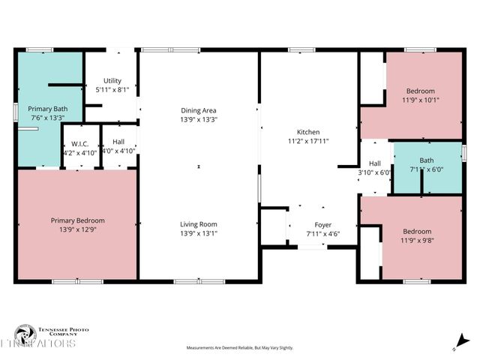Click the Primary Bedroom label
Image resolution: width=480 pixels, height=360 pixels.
click(77, 220)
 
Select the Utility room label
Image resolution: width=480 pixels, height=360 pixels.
click(112, 81)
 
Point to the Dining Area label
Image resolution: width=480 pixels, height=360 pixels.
click(199, 110)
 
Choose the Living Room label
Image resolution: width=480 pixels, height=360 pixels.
click(199, 224)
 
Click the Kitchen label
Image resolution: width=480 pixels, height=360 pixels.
click(308, 131)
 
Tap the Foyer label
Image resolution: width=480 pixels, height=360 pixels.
click(322, 224)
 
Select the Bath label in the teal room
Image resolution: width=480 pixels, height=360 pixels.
click(426, 160)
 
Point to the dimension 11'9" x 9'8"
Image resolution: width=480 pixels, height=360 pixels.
click(416, 240)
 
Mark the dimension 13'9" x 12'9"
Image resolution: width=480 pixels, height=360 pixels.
click(77, 229)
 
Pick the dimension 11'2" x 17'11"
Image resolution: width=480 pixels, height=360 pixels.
click(308, 140)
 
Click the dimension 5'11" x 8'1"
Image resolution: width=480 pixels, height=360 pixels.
click(112, 90)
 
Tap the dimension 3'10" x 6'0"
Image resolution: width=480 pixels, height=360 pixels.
click(375, 172)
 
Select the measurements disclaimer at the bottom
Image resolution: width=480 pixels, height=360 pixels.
click(240, 348)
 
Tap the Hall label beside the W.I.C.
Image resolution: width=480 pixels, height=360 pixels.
click(118, 141)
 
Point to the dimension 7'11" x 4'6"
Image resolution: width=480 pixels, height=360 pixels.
click(322, 233)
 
